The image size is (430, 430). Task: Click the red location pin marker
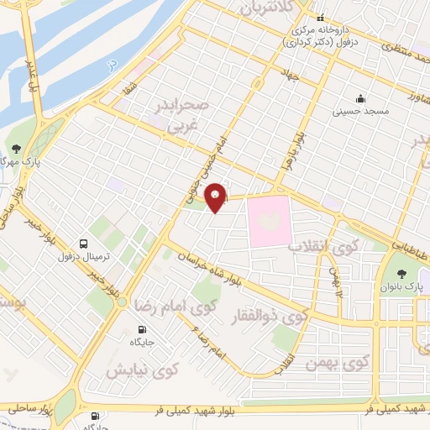(216, 197)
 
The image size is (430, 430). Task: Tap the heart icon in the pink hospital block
(270, 220)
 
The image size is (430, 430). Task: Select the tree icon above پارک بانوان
(402, 273)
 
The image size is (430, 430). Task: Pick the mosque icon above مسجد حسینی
(360, 97)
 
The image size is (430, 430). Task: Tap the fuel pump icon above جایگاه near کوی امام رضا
(141, 329)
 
